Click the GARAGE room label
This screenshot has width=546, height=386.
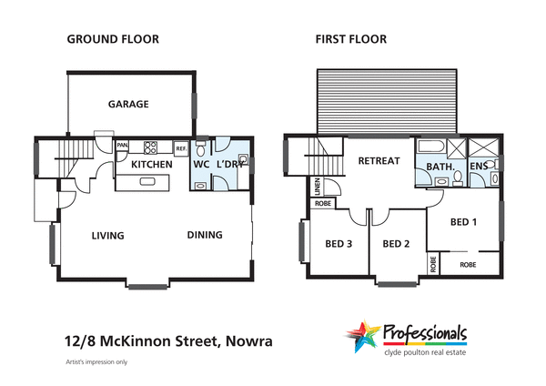128,104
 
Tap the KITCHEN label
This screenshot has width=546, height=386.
152,165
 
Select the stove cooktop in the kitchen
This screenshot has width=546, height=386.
151,147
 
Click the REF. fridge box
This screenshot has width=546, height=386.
180,147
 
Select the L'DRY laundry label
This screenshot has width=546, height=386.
229,165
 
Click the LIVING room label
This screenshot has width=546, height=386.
107,236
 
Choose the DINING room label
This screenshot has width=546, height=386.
205,235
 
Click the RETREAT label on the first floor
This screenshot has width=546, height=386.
379,161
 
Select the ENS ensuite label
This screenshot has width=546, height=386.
479,168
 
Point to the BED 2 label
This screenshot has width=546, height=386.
397,244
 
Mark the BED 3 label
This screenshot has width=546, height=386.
339,243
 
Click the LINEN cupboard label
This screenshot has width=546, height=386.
317,186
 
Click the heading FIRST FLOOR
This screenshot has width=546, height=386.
350,39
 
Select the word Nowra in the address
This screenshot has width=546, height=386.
247,341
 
